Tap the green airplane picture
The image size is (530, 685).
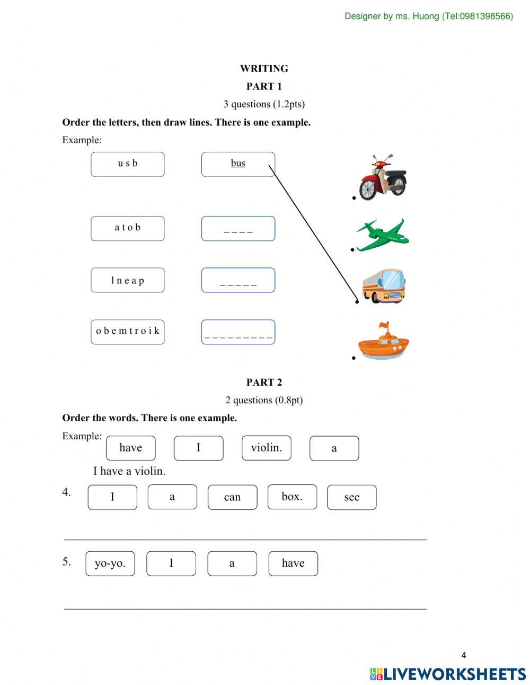[x=382, y=235]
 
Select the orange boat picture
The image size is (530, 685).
[x=383, y=342]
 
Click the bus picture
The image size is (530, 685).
[x=383, y=286]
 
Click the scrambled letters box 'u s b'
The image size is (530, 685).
[x=128, y=164]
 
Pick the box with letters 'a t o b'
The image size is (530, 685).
[x=128, y=228]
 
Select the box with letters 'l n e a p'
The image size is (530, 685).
[x=128, y=280]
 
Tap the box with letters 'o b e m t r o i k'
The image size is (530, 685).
[x=128, y=332]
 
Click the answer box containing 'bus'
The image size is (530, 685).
[x=238, y=164]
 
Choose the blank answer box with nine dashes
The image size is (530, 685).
[x=238, y=332]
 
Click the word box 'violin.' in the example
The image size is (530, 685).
[x=266, y=448]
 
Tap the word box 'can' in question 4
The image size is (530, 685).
[x=232, y=497]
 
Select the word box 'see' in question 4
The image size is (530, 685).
[x=351, y=497]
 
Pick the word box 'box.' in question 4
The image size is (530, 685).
[x=292, y=497]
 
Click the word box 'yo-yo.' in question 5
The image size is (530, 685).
[x=110, y=563]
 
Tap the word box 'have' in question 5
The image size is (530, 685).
[x=293, y=563]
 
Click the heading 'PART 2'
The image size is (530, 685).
[x=264, y=382]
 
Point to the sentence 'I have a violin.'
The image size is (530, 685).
[x=129, y=471]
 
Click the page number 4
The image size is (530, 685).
[x=464, y=655]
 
